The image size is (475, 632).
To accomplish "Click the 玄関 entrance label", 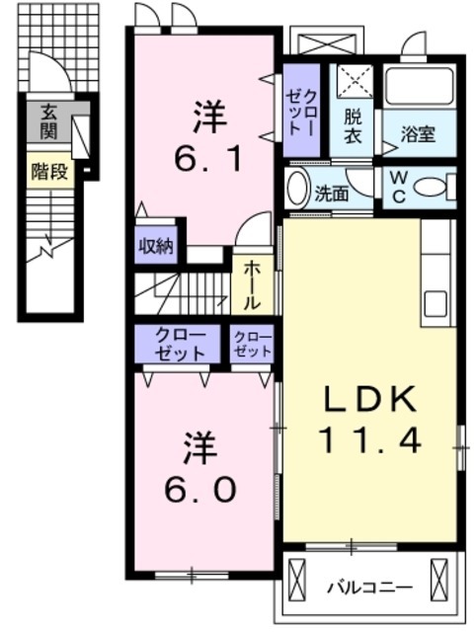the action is [48, 120].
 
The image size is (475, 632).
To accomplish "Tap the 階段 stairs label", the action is [49, 172].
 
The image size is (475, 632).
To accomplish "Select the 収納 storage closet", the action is [156, 246].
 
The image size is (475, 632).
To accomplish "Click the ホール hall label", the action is [253, 285].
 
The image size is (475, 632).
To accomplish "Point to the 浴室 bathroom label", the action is [418, 134].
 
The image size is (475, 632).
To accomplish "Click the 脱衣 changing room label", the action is [353, 126].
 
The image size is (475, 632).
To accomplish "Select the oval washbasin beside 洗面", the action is [297, 189].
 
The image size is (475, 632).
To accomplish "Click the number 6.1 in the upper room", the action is [208, 158].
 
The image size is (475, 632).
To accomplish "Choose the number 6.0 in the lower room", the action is [200, 490].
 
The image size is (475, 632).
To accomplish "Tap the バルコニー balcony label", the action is [369, 589].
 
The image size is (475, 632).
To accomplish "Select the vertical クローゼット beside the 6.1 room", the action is [301, 111].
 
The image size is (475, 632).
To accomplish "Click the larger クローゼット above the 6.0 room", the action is [178, 344].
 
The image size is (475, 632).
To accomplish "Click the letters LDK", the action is [370, 399].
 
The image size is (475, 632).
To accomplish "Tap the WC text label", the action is [398, 187].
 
